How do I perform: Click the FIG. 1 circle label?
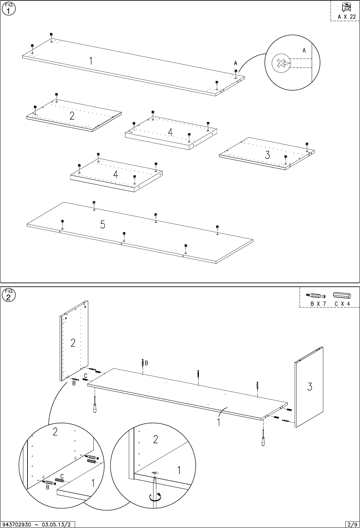pyautogui.click(x=8, y=9)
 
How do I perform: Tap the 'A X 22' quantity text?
pyautogui.click(x=347, y=17)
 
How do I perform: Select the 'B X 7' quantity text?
pyautogui.click(x=318, y=304)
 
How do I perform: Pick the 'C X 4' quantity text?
pyautogui.click(x=343, y=304)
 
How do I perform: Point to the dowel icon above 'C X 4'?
pyautogui.click(x=342, y=295)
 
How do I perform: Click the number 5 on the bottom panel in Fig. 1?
pyautogui.click(x=103, y=225)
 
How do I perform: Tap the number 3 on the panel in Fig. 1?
pyautogui.click(x=268, y=155)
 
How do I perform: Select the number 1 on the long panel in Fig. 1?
pyautogui.click(x=91, y=61)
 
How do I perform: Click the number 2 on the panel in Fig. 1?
pyautogui.click(x=72, y=116)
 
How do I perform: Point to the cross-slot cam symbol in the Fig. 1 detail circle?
pyautogui.click(x=281, y=64)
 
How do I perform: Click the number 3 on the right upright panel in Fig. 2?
pyautogui.click(x=309, y=387)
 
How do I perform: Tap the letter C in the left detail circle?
pyautogui.click(x=62, y=476)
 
